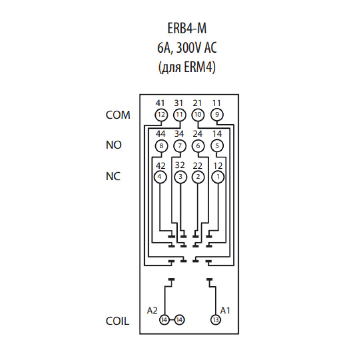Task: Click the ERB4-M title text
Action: (x=187, y=28)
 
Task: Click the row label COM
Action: (x=118, y=115)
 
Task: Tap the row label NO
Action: (x=114, y=145)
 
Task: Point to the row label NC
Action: (x=113, y=176)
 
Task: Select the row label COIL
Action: (x=117, y=321)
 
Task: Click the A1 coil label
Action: (x=225, y=310)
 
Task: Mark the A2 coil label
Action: (x=152, y=310)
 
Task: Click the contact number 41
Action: (x=160, y=103)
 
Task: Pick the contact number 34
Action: (x=179, y=134)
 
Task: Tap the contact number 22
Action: (x=198, y=166)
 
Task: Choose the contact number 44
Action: (x=160, y=134)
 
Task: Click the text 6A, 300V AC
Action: (x=187, y=48)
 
